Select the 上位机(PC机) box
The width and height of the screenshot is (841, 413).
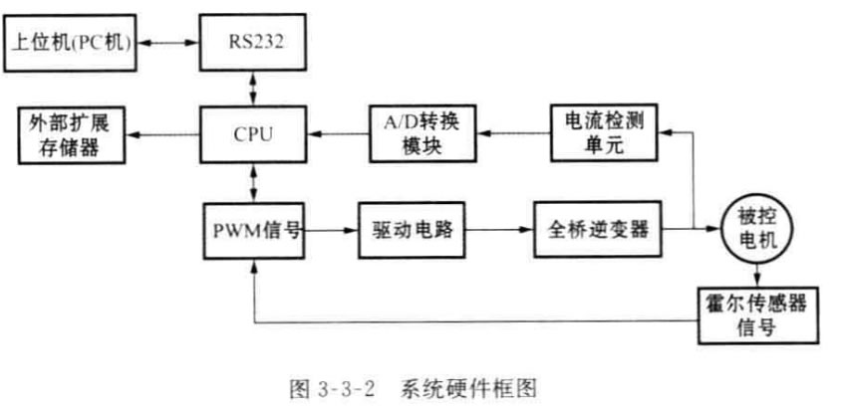pyautogui.click(x=71, y=44)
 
